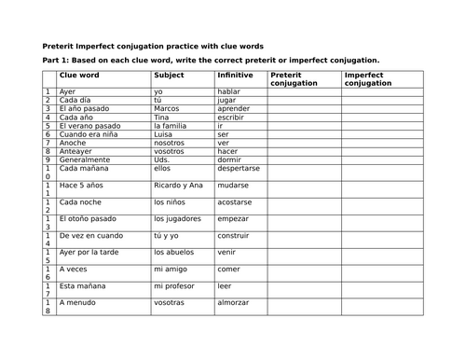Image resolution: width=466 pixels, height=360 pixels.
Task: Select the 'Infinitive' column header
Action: pos(234,74)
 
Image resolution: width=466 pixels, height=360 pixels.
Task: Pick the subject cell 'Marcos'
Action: pos(169,109)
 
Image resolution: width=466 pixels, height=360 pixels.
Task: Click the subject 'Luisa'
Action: pos(165,134)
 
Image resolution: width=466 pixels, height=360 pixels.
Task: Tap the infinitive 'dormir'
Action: pos(230,159)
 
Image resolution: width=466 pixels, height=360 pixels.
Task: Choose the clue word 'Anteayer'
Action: pos(75,151)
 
